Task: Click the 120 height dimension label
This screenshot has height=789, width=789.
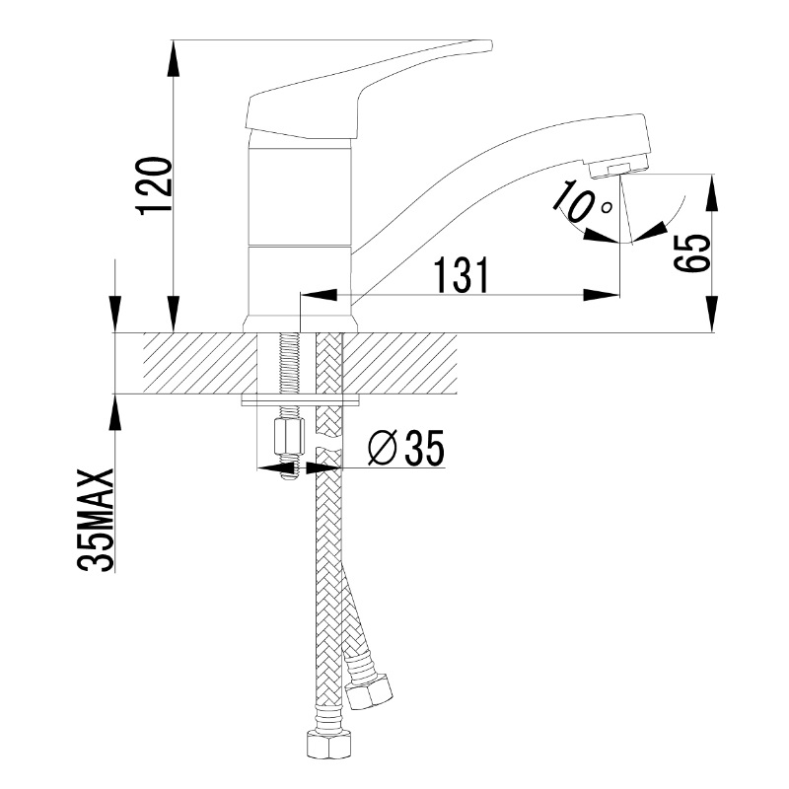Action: tap(156, 186)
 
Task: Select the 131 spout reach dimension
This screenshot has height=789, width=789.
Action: tap(461, 275)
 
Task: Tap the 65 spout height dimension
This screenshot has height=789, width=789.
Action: tap(692, 253)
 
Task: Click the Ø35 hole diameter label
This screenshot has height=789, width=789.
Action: tap(406, 448)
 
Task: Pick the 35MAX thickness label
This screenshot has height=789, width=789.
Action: tap(96, 521)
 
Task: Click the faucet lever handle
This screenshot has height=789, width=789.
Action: tap(362, 90)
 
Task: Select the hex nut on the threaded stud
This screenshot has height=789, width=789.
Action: tap(289, 437)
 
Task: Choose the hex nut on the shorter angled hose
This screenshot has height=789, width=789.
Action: tap(368, 689)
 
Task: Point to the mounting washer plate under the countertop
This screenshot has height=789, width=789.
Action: tap(301, 400)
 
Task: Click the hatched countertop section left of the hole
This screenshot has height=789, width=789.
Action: tap(199, 363)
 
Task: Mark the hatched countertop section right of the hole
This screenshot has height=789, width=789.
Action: tap(399, 363)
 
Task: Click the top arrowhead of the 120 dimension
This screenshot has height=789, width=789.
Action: tap(174, 58)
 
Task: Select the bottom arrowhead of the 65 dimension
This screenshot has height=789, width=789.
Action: tap(712, 314)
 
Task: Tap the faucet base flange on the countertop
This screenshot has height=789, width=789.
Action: tap(301, 324)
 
